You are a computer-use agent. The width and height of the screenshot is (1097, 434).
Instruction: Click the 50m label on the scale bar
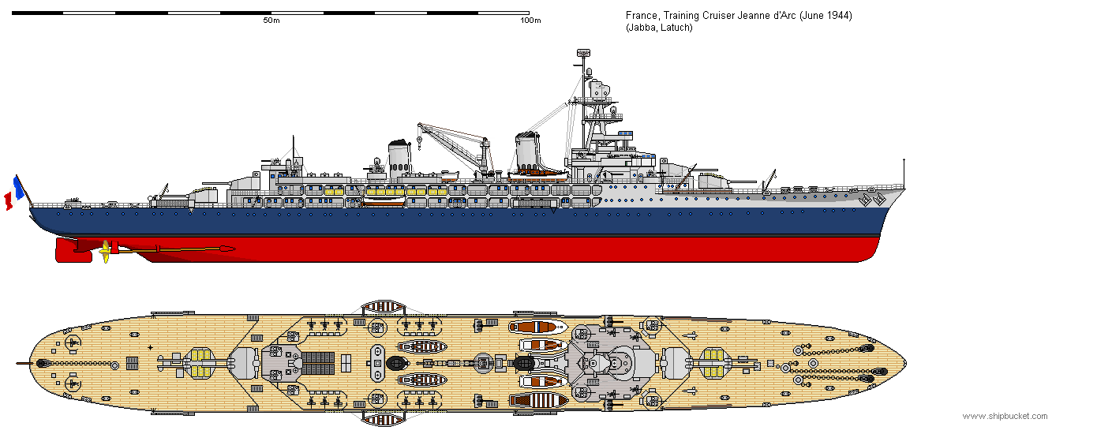point(271,20)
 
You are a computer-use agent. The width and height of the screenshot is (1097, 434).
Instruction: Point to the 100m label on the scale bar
point(531,20)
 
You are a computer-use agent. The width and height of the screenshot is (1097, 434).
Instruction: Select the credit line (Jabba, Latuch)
point(659,28)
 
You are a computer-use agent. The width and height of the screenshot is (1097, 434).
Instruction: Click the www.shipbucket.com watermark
point(1005,416)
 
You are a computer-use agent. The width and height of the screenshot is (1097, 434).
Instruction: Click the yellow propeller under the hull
point(104,252)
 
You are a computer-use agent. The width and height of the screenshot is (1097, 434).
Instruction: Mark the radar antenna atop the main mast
point(584,54)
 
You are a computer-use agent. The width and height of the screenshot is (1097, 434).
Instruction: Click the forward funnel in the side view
point(526,152)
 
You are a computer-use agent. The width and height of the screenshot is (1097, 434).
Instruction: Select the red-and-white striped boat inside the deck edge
point(536,400)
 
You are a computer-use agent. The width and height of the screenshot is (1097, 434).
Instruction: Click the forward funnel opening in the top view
point(523,363)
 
